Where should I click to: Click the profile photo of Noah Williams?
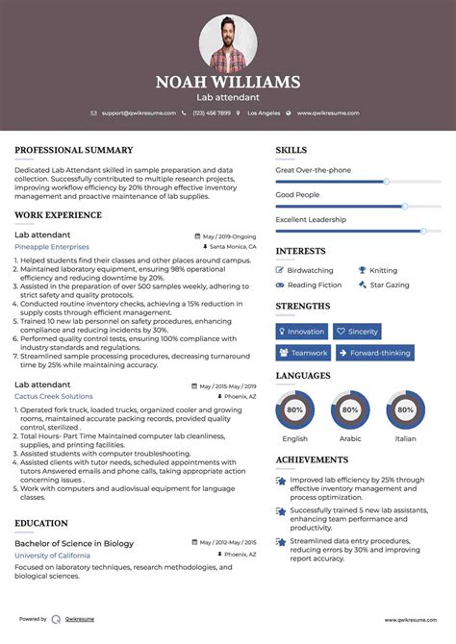pos(228,42)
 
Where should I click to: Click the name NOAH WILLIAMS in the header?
pos(228,83)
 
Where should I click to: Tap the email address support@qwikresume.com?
pos(138,112)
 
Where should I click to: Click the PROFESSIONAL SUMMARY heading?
pos(73,151)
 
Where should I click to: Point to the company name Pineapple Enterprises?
pos(51,247)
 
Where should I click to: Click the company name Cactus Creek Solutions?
pos(54,396)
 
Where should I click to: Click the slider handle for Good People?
pos(405,206)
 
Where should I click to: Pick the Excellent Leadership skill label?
pos(311,220)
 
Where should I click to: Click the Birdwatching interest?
pos(310,271)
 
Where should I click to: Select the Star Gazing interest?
pos(389,285)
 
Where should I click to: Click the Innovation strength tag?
pos(301,331)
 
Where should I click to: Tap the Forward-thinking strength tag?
pos(374,353)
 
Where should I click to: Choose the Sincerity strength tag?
pos(357,331)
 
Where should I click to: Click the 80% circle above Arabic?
pos(350,409)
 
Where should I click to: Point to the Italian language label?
pos(405,438)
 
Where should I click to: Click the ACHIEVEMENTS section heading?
pos(312,459)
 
